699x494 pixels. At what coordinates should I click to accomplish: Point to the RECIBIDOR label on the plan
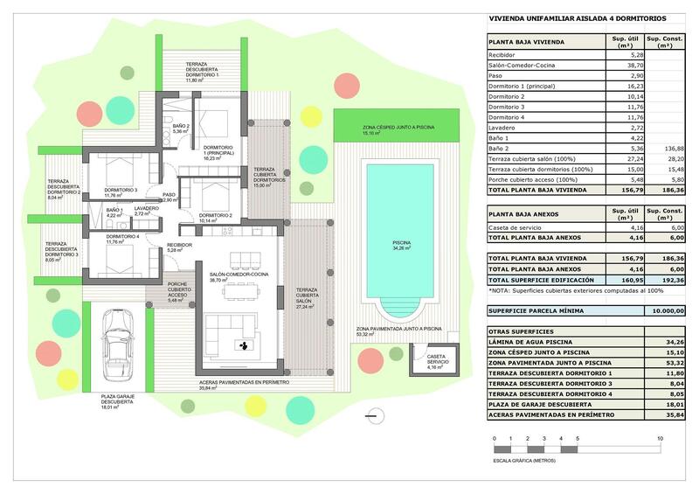(179, 247)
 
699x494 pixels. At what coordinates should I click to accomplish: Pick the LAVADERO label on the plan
(147, 208)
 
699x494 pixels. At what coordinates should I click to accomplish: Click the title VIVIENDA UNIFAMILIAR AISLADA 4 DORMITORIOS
(577, 17)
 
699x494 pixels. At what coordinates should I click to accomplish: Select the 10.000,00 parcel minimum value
(668, 310)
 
